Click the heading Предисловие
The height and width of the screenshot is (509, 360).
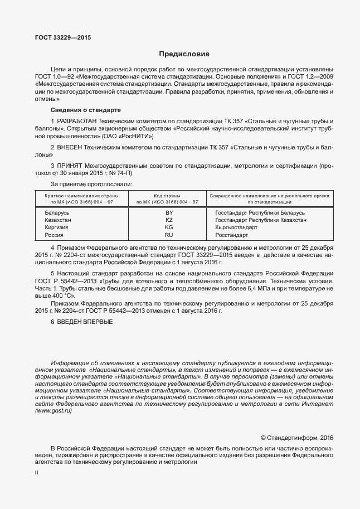click(x=184, y=54)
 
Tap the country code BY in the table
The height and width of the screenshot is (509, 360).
click(x=169, y=212)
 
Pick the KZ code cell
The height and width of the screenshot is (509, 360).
click(x=169, y=220)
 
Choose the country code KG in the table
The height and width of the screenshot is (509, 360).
click(x=169, y=227)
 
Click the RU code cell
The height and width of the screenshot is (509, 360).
click(x=169, y=235)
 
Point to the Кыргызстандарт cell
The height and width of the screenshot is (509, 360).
click(x=236, y=227)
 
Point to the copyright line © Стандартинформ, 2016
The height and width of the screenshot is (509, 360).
click(x=297, y=438)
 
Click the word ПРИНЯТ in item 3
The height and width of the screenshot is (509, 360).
click(x=70, y=166)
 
